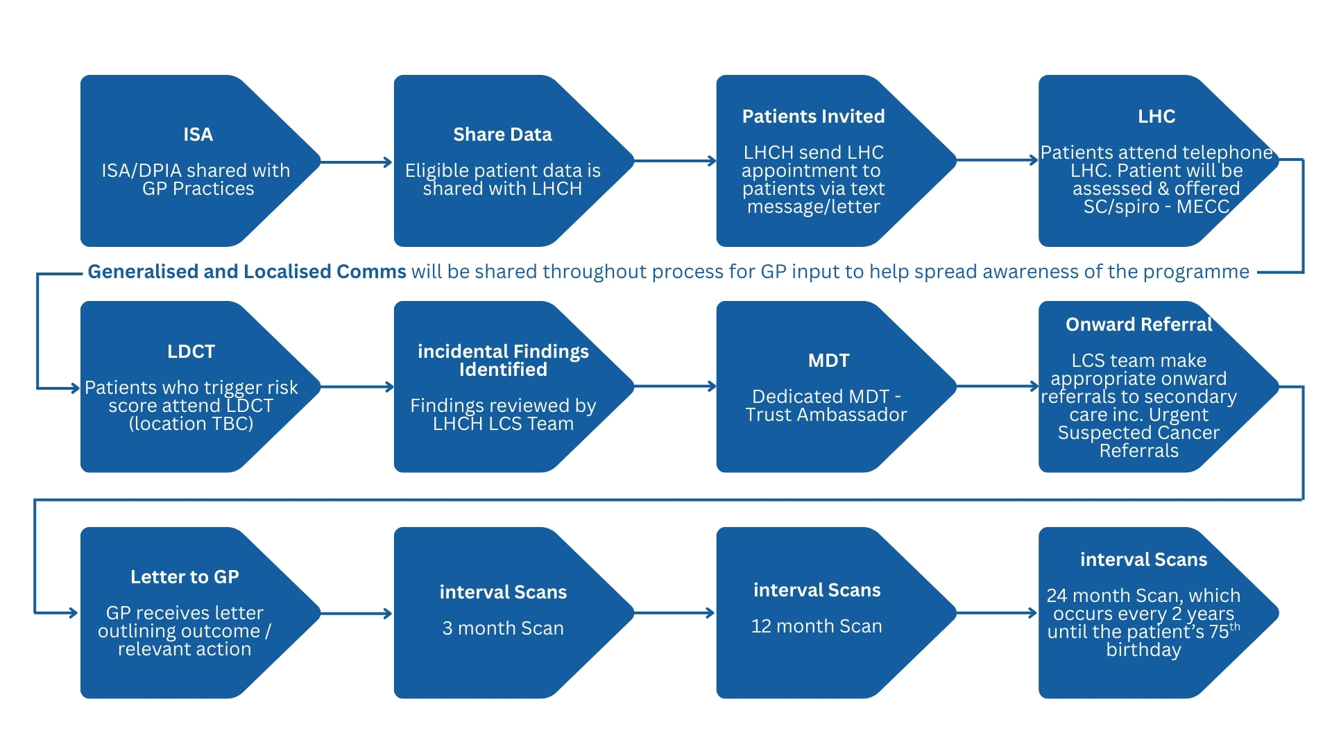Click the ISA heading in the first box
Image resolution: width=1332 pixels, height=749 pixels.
pos(198,135)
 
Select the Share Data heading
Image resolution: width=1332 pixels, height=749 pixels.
pos(502,135)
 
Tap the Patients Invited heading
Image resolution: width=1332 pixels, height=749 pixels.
pos(813,117)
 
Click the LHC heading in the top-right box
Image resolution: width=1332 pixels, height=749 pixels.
pos(1156,117)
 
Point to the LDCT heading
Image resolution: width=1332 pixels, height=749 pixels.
pos(191,352)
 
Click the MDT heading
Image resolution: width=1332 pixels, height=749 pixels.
pos(828,361)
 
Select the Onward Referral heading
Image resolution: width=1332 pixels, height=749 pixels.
pos(1138,325)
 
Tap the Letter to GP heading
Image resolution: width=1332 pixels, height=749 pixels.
pos(185,577)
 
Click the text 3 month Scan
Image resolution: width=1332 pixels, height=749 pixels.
pos(503,628)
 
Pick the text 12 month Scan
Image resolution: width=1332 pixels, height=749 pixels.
pos(817,626)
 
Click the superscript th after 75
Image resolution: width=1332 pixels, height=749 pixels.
pos(1234,627)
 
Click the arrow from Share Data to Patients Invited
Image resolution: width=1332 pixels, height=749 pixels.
pos(675,161)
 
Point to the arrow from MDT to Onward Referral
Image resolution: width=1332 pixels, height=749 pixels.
pos(997,386)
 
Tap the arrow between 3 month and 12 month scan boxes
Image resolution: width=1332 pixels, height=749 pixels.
pos(674,613)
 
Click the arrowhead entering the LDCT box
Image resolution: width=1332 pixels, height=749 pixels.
pos(75,388)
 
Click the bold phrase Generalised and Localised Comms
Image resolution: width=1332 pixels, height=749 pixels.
pos(246,272)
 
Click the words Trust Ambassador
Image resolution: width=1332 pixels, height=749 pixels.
pos(826,415)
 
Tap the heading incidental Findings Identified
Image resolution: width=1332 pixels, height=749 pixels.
pos(503,361)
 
